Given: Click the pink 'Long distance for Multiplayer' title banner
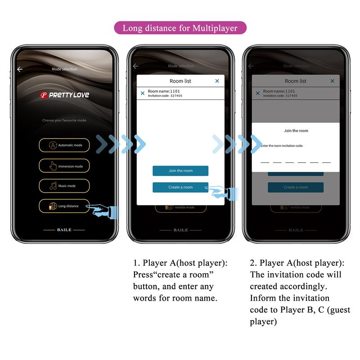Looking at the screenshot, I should tap(180, 28).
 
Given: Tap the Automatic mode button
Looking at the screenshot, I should tap(64, 145).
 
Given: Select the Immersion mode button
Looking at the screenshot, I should tap(64, 166).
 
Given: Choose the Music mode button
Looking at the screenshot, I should tap(64, 186).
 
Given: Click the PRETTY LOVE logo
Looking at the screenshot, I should tap(64, 95).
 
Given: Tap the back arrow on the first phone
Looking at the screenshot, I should tap(20, 69).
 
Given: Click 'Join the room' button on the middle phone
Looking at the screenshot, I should tap(180, 171).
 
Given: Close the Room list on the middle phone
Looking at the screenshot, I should tap(217, 81).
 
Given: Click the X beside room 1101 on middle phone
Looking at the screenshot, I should tap(143, 93).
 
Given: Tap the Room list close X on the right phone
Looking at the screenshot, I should tap(332, 81).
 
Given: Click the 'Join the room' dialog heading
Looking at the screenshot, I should tap(296, 130).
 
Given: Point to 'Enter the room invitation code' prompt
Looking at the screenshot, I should tap(282, 146).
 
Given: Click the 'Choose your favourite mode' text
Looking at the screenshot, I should tap(64, 121).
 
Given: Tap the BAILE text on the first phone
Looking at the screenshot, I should tap(64, 230).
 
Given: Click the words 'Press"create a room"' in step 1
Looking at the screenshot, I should tap(173, 274).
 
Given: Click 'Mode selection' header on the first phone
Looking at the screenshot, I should tap(64, 69).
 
